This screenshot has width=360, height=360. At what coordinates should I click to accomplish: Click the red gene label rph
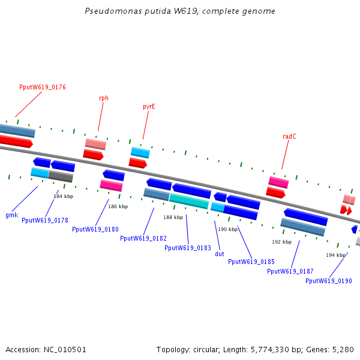104,98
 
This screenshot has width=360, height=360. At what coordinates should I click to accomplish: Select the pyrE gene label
149,106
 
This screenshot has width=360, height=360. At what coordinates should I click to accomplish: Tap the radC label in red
289,136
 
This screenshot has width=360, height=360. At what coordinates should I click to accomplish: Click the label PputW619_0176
43,87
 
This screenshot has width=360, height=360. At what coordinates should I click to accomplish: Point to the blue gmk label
11,215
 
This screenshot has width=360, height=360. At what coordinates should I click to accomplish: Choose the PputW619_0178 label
45,220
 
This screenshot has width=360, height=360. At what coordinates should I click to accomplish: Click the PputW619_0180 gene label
95,229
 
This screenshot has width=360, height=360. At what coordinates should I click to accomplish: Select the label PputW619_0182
143,238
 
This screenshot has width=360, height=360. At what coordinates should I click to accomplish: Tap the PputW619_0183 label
188,247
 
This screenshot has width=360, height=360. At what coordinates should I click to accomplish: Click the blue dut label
220,254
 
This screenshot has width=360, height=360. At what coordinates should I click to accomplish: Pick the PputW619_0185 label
251,262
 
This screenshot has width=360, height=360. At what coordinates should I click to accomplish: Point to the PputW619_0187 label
290,271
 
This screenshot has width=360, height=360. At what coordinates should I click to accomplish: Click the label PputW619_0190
329,280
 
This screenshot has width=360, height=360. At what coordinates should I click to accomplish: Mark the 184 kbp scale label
64,196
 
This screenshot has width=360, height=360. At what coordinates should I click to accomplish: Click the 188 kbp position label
173,217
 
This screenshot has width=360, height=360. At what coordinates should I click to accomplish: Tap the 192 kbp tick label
282,242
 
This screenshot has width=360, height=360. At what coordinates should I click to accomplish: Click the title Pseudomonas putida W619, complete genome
180,11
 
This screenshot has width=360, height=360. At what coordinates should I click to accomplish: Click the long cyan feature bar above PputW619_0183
189,200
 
